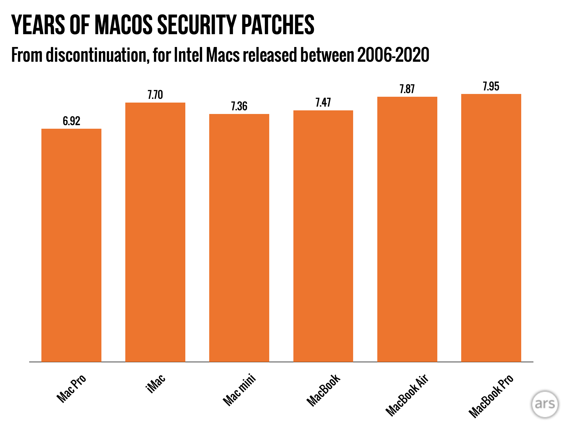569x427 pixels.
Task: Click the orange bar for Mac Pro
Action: [71, 245]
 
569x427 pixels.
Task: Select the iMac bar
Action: [155, 232]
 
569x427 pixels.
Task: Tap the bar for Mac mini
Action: [239, 238]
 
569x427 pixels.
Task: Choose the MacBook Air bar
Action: [407, 229]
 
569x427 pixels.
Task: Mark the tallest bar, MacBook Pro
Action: [491, 228]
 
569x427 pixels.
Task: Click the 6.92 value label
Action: [71, 121]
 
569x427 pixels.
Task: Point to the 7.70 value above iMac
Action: [155, 95]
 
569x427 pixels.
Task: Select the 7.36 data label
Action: [239, 106]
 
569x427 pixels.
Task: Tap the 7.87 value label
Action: [407, 89]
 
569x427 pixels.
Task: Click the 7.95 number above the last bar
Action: [491, 86]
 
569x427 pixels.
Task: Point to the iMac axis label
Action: [156, 384]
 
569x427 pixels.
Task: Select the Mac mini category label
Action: [239, 390]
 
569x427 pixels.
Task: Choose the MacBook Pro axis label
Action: [491, 396]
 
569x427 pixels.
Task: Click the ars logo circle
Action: [545, 404]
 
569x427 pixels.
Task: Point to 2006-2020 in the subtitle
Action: [393, 55]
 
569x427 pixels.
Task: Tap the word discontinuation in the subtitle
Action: [96, 55]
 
